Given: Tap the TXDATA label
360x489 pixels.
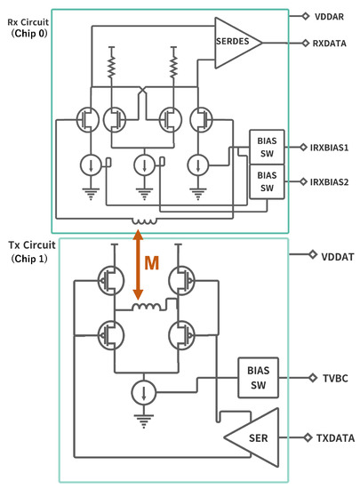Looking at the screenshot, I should coord(335,438).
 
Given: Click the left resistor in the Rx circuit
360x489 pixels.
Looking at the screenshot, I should coord(113,66).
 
